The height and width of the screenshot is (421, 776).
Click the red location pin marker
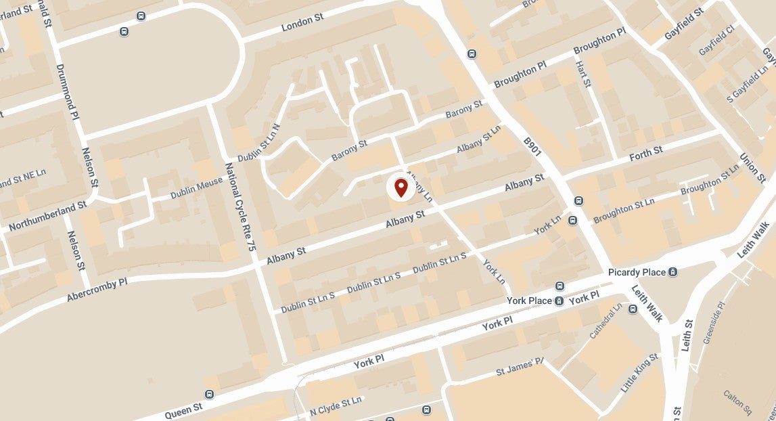(x=401, y=187)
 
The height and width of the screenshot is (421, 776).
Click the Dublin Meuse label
(x=196, y=187)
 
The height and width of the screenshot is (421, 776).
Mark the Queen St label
(x=183, y=408)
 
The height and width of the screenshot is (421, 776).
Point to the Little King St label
(x=639, y=373)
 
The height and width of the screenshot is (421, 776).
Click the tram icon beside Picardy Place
(x=672, y=272)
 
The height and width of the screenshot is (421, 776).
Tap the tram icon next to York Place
(x=559, y=301)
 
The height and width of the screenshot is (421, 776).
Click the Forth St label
(x=646, y=154)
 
